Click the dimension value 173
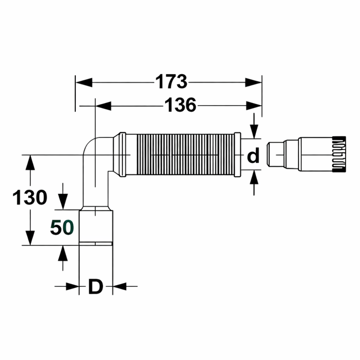coord(170,82)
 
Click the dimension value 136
coord(180,104)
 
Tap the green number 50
coord(61,227)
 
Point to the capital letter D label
coord(96,286)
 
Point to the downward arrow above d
coord(254,130)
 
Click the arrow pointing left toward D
coord(120,286)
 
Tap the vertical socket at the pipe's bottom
coord(96,227)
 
